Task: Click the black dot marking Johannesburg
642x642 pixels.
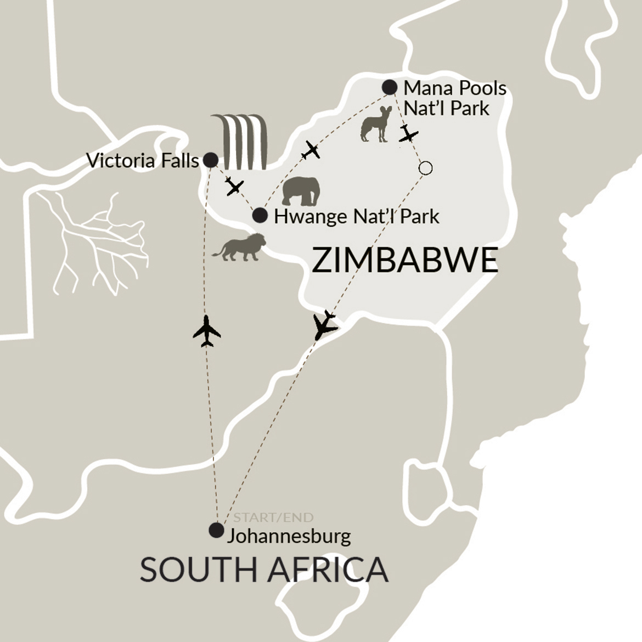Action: pos(217,530)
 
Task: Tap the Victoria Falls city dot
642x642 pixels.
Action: pos(210,160)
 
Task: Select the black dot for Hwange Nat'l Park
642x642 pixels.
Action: pos(260,216)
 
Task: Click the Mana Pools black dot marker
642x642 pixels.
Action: pos(389,87)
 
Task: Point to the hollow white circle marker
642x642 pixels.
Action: pos(425,168)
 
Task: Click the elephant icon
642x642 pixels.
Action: pos(301,191)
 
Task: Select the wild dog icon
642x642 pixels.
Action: pos(376,125)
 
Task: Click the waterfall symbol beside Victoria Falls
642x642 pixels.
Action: pos(240,142)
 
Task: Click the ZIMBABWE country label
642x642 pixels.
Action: pos(405,260)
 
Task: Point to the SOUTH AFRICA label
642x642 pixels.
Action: pos(264,569)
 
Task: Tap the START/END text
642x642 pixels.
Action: pos(273,517)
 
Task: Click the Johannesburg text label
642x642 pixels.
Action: pos(289,535)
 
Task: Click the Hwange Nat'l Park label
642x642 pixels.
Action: pos(357,216)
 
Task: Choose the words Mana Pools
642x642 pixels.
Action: pos(454,88)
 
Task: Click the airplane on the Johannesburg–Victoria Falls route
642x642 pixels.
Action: pos(207,331)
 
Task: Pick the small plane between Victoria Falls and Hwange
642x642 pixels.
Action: pos(234,187)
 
